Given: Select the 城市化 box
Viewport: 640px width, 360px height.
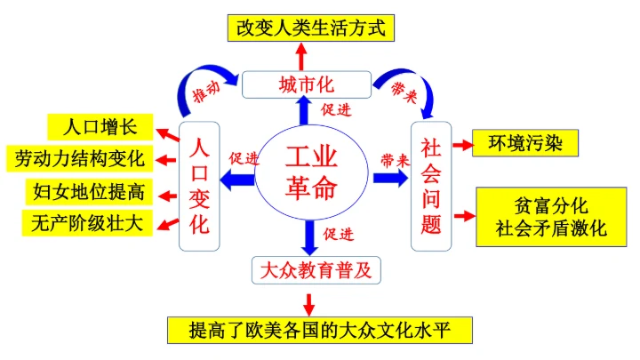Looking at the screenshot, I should click(x=306, y=85).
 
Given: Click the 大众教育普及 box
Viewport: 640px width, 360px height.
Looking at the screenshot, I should click(x=313, y=269).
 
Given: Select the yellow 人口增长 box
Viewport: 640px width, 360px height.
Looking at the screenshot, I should click(x=100, y=126).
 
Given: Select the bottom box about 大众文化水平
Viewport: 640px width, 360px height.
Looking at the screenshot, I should click(x=319, y=330).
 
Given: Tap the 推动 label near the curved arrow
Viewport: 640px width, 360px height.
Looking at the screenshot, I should click(x=208, y=92).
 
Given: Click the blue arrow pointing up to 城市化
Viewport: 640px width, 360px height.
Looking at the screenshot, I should click(x=305, y=111).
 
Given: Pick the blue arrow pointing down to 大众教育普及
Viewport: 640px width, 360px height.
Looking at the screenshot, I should click(x=309, y=236).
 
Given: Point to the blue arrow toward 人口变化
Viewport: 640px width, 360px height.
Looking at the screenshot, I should click(x=236, y=180).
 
